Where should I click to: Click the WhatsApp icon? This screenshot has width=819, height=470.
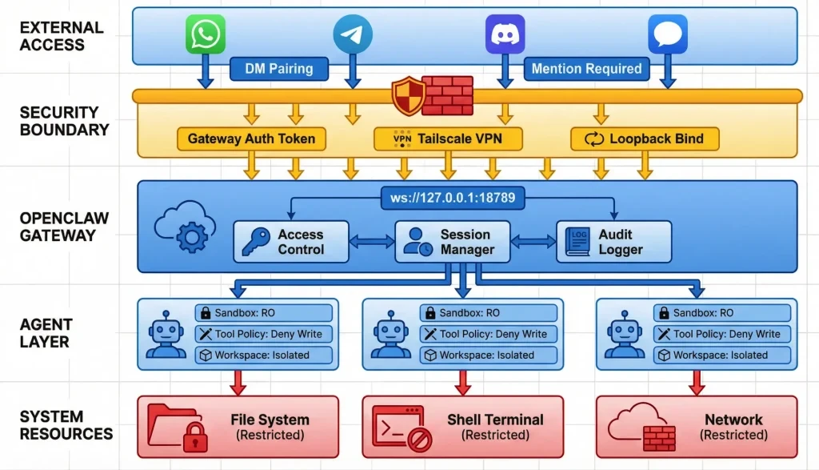pos(206,35)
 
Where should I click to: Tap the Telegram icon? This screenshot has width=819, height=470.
pos(353,35)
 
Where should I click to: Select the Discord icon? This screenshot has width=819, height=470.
pos(505,35)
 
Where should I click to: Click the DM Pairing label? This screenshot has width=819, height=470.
pos(279,68)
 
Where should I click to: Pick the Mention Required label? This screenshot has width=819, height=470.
pos(587,68)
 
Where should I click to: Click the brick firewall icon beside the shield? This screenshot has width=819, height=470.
pos(446,96)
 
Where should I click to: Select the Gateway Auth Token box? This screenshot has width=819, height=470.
pos(251,139)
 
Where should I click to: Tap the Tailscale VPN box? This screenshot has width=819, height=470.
pos(448,139)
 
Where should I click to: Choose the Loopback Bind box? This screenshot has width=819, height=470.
pos(645,139)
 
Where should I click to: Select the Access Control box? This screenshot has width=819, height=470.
pos(291,242)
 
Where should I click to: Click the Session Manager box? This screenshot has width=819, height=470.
pos(453,242)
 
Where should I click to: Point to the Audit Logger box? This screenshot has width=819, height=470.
pos(613,242)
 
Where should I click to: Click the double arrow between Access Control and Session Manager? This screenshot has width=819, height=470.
pos(372,241)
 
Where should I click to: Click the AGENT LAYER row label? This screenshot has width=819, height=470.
pos(46,333)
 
